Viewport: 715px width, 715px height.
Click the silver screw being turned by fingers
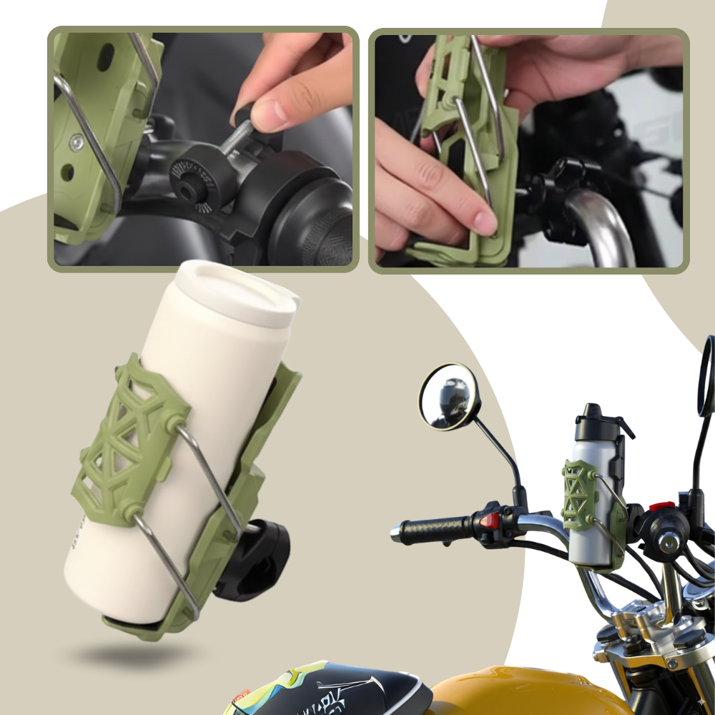[236, 140]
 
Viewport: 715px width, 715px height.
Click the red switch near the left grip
[490, 518]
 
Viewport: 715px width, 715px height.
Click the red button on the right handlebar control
[661, 506]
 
